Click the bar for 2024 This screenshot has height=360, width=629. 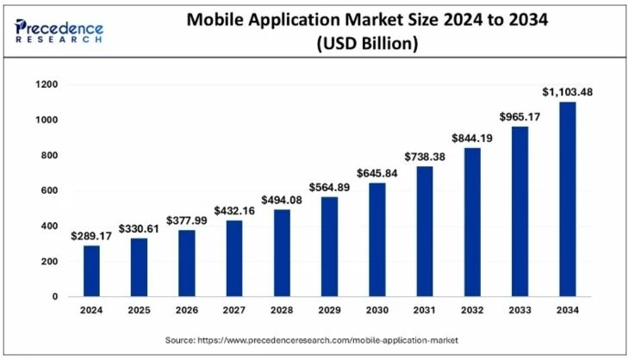tap(91, 271)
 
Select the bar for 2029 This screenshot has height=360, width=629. tap(329, 246)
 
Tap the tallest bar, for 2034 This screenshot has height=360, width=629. tap(567, 199)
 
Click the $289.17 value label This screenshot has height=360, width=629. tap(91, 234)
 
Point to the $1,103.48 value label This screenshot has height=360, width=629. tap(567, 90)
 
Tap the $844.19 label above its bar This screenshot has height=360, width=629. tap(471, 137)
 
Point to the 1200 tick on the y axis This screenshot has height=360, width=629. tap(47, 84)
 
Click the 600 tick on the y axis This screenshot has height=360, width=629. tap(49, 190)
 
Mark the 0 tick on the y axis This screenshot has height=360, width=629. tap(54, 296)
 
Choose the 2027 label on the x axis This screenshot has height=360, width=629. tap(234, 311)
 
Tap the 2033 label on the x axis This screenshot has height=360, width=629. tap(520, 311)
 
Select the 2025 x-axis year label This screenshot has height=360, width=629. tap(139, 311)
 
